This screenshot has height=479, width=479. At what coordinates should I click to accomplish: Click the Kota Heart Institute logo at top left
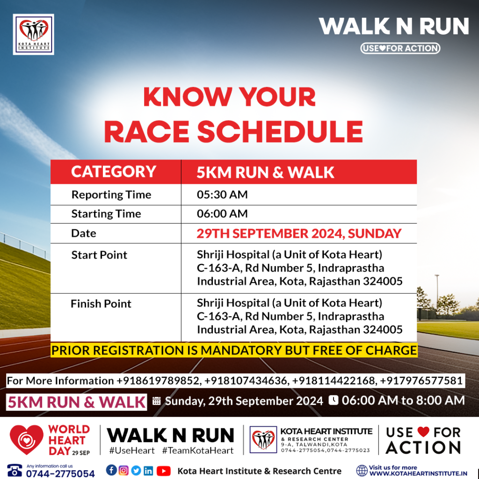click(x=34, y=35)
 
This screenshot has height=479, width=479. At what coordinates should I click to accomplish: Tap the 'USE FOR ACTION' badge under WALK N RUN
click(x=400, y=48)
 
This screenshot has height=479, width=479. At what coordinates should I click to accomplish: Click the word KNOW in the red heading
click(x=188, y=97)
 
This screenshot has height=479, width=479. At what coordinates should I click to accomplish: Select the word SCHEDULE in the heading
click(x=280, y=131)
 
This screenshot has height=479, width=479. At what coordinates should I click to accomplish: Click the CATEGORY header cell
click(x=114, y=172)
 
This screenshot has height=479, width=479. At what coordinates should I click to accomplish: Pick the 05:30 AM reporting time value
click(x=222, y=195)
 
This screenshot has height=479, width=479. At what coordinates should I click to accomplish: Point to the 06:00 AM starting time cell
click(x=222, y=214)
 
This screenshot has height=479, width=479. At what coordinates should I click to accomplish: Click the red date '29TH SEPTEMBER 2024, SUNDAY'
click(x=299, y=234)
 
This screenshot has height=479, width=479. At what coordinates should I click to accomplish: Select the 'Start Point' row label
click(x=99, y=255)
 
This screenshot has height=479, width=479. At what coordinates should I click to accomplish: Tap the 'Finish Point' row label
click(x=101, y=304)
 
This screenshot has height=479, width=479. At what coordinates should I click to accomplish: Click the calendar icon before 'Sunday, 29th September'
click(x=156, y=401)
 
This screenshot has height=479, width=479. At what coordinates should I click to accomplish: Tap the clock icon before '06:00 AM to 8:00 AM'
click(x=333, y=400)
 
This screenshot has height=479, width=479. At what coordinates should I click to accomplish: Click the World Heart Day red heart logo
click(x=26, y=439)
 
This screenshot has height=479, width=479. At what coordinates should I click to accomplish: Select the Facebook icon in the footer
click(x=111, y=470)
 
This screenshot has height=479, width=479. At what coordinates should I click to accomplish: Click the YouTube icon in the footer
click(x=163, y=471)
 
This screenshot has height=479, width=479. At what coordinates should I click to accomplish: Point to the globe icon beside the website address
click(x=362, y=471)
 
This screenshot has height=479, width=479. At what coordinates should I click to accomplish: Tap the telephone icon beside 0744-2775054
click(x=15, y=471)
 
